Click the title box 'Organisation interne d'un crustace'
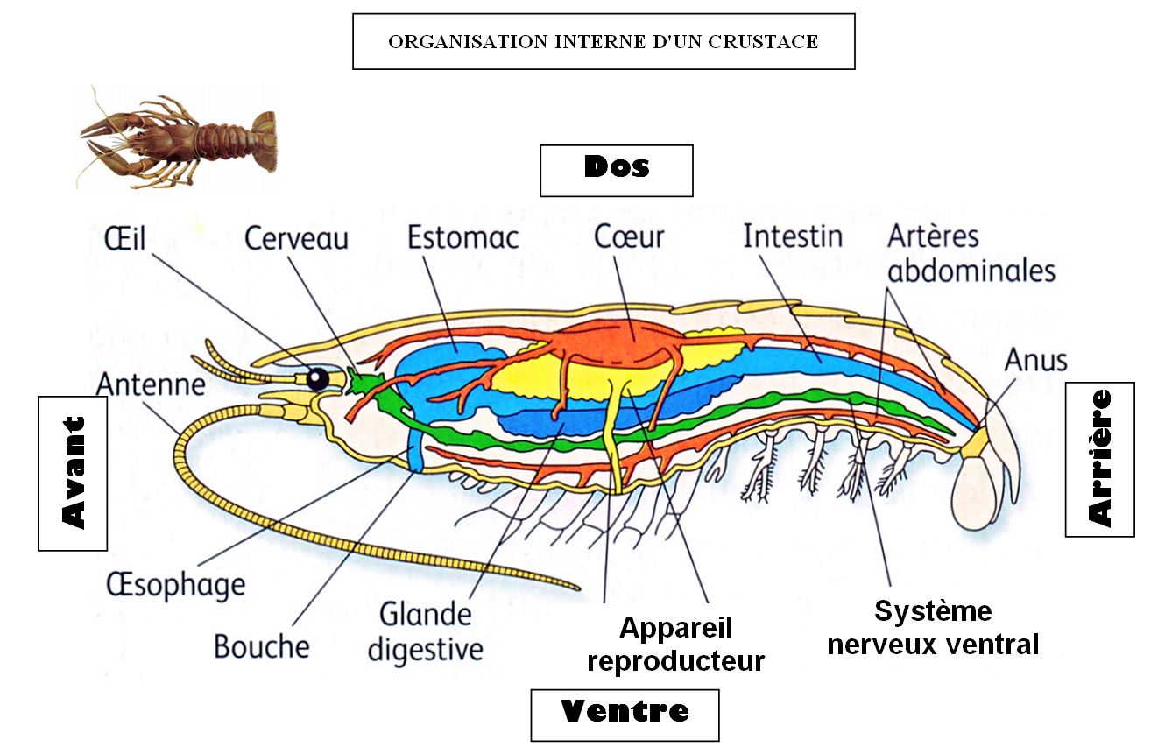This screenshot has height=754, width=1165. coord(603,41)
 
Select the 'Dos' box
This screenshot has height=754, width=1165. coord(616,169)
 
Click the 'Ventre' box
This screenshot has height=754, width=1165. coord(624,713)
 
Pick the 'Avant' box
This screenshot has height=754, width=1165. coord(73,473)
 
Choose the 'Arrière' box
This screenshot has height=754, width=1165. coord(1099,459)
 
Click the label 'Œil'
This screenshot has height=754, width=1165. coord(125,238)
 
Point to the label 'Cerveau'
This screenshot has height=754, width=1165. coord(296,238)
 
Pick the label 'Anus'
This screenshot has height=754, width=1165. coord(1036,359)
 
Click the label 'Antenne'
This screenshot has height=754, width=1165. coord(151,384)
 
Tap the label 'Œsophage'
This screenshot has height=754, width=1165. coord(175,585)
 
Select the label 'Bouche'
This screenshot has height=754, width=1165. coord(261,646)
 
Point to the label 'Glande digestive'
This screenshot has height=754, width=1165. coord(425,631)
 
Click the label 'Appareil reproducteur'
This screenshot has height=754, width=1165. coord(675,644)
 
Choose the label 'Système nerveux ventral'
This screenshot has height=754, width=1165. coord(932,627)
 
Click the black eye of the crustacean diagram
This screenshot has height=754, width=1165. coord(317,377)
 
